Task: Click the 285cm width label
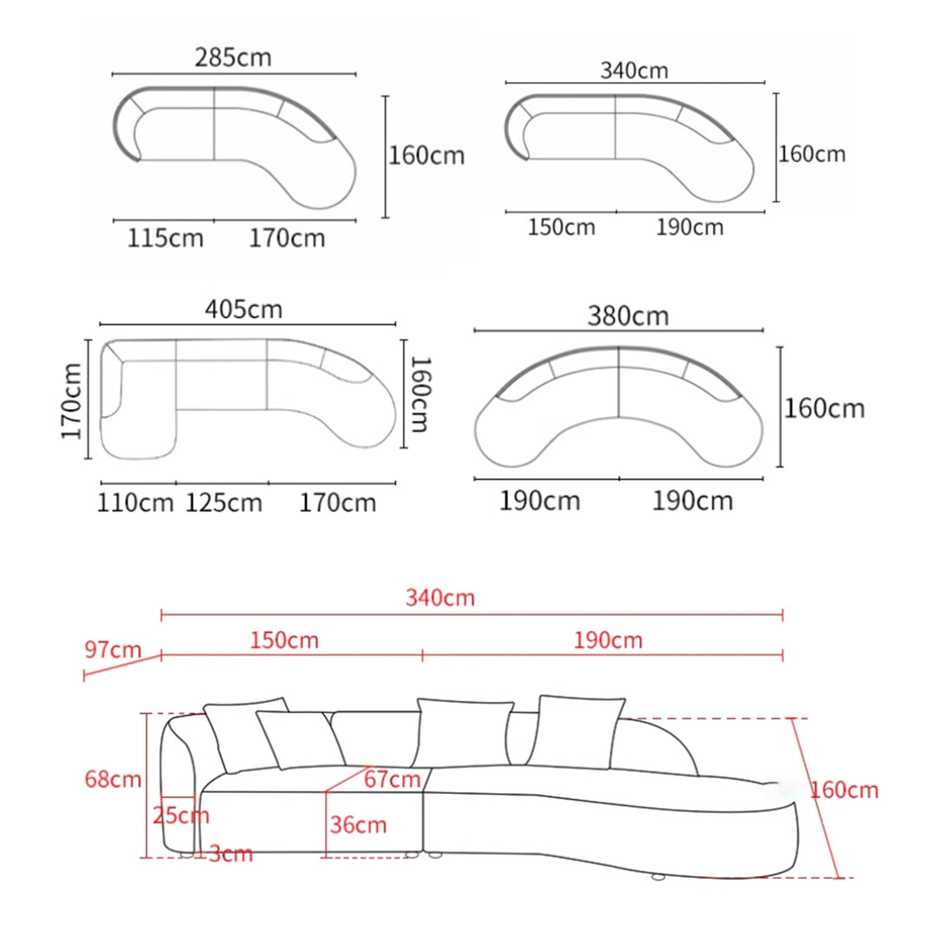233,57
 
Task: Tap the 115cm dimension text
165,238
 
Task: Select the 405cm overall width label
244,309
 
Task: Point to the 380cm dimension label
628,315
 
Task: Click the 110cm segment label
135,503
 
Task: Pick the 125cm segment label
224,503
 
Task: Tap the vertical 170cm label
71,400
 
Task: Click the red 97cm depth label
113,649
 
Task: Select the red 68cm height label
113,779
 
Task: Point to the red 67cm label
393,779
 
